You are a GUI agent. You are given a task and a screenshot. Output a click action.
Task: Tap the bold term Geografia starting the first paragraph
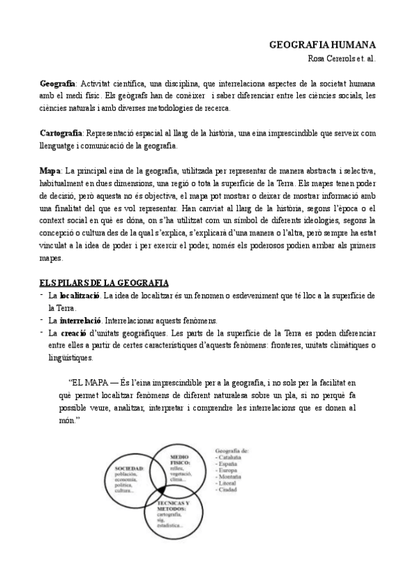pos(57,84)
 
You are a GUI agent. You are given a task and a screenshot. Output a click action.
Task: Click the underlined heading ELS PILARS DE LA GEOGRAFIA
pos(103,282)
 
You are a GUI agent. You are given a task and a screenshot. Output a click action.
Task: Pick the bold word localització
pos(81,296)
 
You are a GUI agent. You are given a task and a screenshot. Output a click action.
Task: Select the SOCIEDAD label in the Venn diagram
pos(128,469)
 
